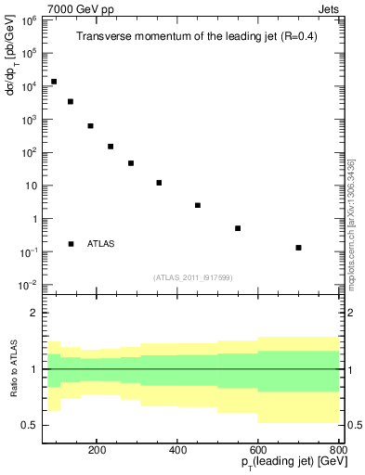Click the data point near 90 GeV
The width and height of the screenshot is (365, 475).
click(54, 82)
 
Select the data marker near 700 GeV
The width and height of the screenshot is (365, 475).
click(298, 248)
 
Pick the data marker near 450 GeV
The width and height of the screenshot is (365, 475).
click(198, 205)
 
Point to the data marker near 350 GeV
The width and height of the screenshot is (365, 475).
click(159, 183)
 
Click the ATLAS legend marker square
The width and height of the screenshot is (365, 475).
click(72, 244)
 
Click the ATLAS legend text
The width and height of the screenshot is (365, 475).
click(100, 244)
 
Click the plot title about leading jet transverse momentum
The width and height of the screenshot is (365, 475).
click(192, 37)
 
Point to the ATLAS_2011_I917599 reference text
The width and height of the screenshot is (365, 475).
click(192, 276)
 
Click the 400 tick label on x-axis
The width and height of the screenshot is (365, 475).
click(218, 447)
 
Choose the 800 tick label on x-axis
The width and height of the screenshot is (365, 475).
click(338, 447)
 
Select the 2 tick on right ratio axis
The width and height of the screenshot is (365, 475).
click(347, 314)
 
